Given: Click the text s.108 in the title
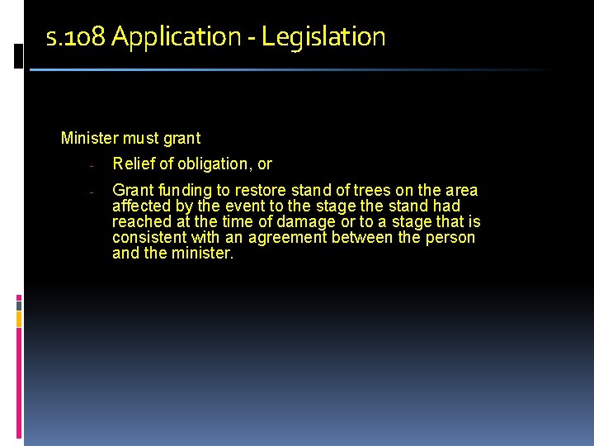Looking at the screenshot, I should pyautogui.click(x=76, y=37).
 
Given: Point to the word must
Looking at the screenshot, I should pyautogui.click(x=141, y=138).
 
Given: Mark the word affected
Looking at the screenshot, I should pyautogui.click(x=141, y=206).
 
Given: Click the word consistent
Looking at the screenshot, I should pyautogui.click(x=149, y=237).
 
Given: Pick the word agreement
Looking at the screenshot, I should pyautogui.click(x=282, y=238).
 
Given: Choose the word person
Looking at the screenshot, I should pyautogui.click(x=451, y=238).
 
